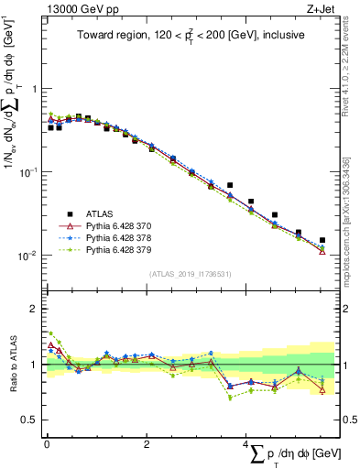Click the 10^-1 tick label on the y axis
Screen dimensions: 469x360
click(x=29, y=171)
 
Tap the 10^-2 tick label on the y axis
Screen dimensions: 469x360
click(x=29, y=255)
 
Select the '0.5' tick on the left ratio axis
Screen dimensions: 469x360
click(x=30, y=420)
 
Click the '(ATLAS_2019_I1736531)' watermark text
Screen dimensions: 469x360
click(x=191, y=274)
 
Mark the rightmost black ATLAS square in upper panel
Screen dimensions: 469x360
click(x=322, y=240)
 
